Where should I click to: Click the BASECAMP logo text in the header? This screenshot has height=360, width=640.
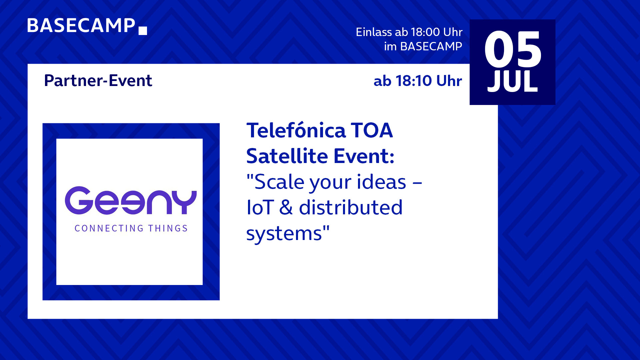81,25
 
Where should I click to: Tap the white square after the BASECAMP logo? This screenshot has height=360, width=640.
143,31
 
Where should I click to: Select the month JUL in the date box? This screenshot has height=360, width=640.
513,81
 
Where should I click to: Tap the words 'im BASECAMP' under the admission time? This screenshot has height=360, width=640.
423,46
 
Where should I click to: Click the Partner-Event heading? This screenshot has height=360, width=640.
98,81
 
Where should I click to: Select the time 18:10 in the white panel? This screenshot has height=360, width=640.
414,81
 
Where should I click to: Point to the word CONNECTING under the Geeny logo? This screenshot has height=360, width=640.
109,228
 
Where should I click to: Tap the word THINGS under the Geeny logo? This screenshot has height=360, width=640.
168,228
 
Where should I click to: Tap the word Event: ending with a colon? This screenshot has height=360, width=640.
364,156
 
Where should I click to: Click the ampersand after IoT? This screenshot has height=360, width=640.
286,207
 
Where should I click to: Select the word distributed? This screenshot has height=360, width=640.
351,207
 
